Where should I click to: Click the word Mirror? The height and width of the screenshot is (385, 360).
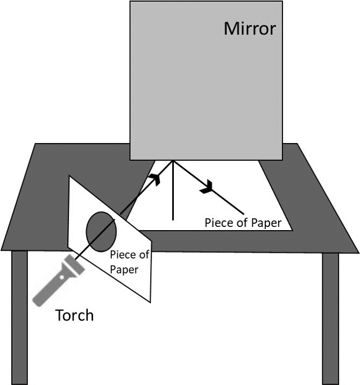coord(249,28)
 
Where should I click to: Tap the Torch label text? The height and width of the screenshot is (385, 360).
coord(74,315)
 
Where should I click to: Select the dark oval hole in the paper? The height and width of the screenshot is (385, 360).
coord(102,232)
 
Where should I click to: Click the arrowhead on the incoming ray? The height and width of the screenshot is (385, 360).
coord(155,179)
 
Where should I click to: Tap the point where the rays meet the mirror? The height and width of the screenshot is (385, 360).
coord(173,160)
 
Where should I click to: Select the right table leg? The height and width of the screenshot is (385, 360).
coord(330,317)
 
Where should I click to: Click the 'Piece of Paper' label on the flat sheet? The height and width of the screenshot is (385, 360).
coord(243,223)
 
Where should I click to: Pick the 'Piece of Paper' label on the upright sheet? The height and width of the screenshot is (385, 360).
coord(129,262)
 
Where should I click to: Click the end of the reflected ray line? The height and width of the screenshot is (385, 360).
coord(245,213)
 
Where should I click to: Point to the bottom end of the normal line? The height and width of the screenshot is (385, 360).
coord(173,220)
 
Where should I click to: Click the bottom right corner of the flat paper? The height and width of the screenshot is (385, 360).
coord(292,230)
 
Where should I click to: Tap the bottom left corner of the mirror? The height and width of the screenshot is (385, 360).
coord(130,160)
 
